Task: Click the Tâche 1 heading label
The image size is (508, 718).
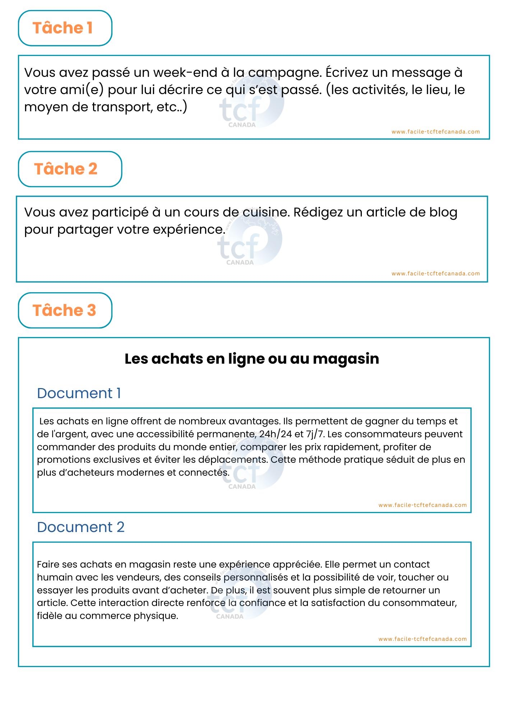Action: [63, 28]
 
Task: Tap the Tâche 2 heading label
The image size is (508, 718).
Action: [66, 169]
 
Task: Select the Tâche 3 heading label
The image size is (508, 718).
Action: [64, 311]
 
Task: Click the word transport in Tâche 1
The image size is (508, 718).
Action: [122, 107]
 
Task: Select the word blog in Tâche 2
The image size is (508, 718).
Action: [443, 212]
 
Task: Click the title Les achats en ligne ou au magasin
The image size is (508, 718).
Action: [252, 359]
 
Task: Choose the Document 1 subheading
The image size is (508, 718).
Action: [79, 393]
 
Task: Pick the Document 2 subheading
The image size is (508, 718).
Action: [81, 527]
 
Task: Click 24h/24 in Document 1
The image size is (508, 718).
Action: [276, 434]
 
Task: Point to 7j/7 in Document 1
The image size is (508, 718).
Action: [315, 434]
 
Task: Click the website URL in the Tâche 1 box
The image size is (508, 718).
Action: [435, 132]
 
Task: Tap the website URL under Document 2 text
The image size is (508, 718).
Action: [422, 639]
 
